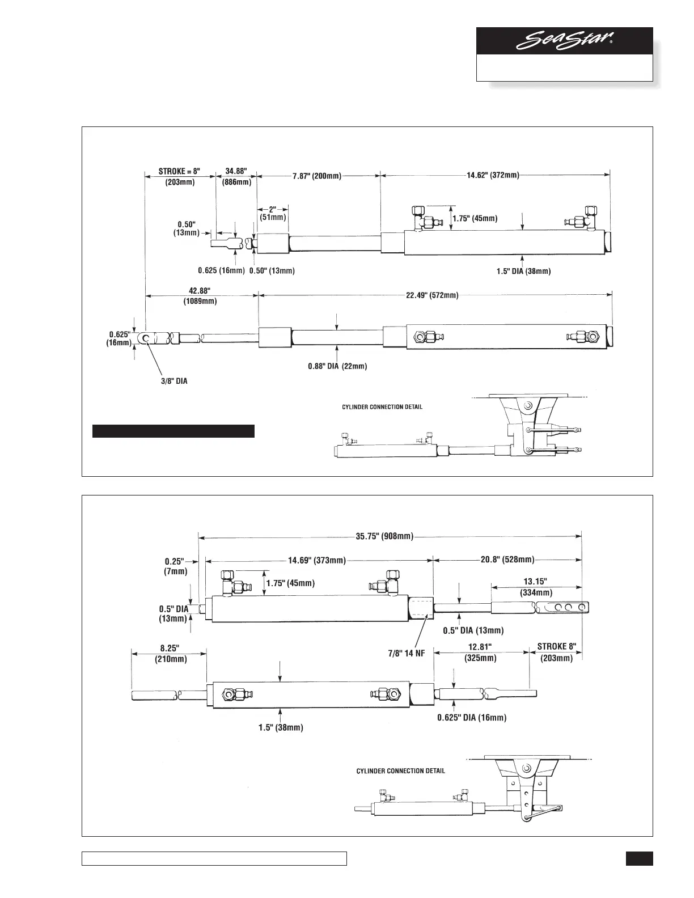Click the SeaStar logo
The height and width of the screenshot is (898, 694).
tap(565, 42)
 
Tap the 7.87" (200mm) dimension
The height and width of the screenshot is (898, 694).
tap(317, 176)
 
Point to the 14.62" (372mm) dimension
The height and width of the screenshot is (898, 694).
tap(493, 175)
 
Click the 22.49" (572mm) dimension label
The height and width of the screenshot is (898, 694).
tap(432, 295)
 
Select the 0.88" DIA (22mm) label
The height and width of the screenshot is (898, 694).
tap(337, 366)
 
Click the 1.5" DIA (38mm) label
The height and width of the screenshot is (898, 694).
tap(523, 271)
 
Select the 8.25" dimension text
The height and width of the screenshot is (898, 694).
tap(169, 647)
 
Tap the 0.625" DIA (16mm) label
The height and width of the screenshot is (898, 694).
tap(472, 717)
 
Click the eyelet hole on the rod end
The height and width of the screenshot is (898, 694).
tap(146, 339)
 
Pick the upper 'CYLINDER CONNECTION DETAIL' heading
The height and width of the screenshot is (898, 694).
tap(382, 407)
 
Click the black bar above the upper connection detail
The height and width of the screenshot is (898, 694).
tap(173, 431)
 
